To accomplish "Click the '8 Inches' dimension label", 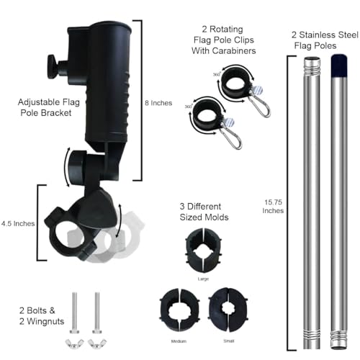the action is (158, 103).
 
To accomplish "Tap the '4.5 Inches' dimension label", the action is (18, 224).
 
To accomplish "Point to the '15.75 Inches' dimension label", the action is (273, 207).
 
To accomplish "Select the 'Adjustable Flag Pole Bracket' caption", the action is (49, 107).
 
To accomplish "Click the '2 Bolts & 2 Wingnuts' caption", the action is (42, 316).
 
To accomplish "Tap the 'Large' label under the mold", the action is (203, 279).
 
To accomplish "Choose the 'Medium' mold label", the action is (179, 341).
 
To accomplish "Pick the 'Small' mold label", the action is (229, 341).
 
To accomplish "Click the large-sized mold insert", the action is (204, 251).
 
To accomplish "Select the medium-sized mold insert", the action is (179, 310).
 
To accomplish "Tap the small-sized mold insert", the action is (228, 310).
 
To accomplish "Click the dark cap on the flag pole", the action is (339, 66).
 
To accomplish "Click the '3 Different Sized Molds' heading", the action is (204, 212).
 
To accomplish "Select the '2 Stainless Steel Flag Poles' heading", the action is (325, 40).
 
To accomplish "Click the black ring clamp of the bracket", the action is (71, 235).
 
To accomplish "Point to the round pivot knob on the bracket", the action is (77, 166).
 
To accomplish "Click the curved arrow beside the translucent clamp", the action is (120, 221).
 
